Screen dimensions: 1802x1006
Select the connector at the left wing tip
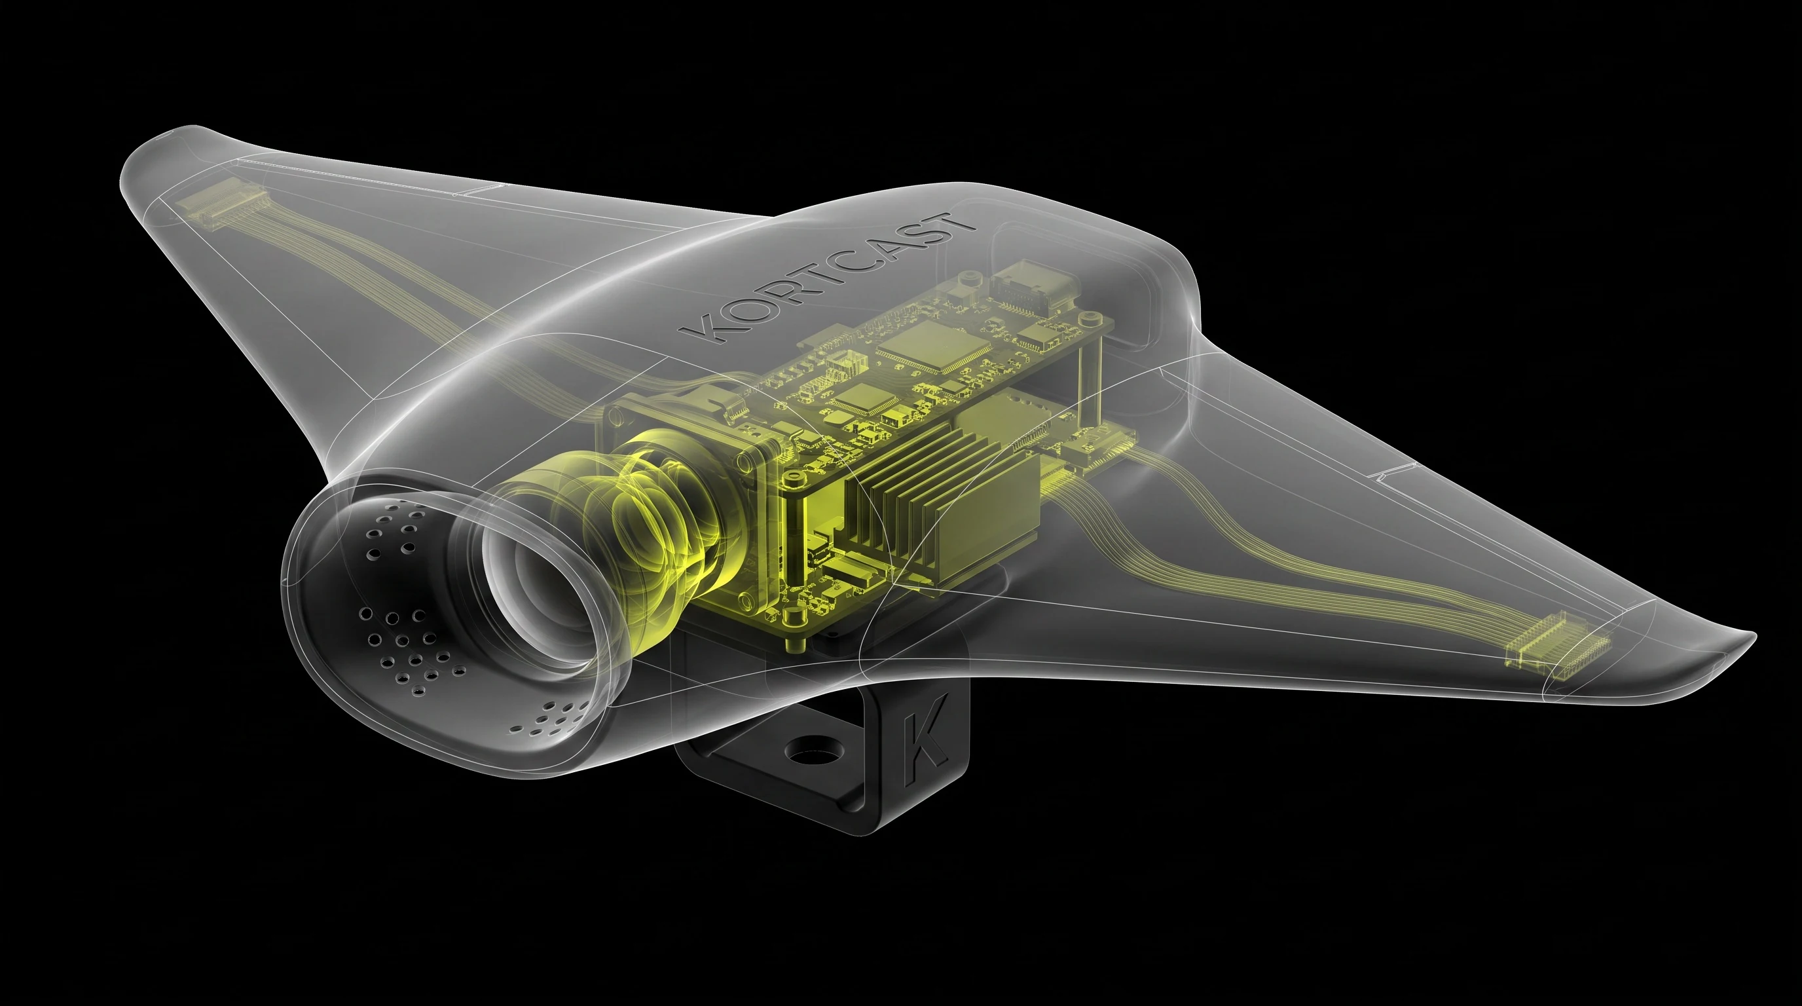click(221, 204)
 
